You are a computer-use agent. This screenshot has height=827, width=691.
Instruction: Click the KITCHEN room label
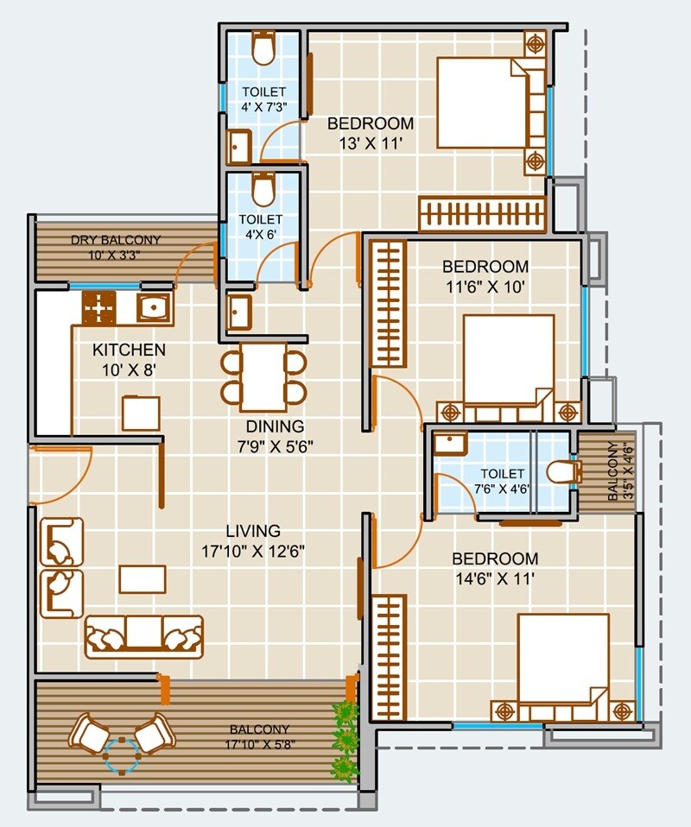[x=130, y=350]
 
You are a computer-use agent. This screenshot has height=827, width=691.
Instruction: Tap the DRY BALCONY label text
[x=116, y=240]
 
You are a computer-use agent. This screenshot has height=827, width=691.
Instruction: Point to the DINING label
[x=275, y=426]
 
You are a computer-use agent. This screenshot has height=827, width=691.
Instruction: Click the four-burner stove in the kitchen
[x=99, y=306]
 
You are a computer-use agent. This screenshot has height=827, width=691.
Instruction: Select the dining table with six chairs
[x=263, y=377]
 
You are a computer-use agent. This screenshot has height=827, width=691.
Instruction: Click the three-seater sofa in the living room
[x=143, y=636]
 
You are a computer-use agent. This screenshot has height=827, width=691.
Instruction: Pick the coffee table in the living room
[x=143, y=578]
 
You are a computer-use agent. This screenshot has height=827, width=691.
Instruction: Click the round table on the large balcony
[x=122, y=753]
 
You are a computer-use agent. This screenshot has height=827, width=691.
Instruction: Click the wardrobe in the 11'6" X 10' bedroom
[x=389, y=304]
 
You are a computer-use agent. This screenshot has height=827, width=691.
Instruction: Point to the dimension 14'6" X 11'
[x=495, y=578]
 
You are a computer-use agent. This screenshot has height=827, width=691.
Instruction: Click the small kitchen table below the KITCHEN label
[x=140, y=412]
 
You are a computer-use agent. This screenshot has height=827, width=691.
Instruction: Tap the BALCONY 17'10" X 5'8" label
[x=259, y=735]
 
